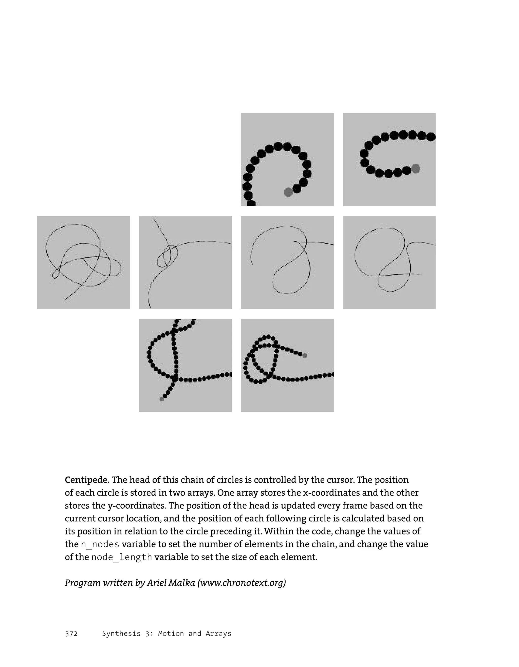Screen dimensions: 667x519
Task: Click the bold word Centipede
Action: point(87,480)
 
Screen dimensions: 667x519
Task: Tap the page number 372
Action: point(71,634)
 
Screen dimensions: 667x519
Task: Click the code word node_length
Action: point(122,557)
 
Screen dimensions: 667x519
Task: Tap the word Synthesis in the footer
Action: point(121,634)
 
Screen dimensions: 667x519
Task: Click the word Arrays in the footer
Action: point(218,634)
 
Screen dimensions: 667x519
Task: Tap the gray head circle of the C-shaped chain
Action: point(415,168)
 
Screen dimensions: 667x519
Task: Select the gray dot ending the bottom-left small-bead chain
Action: point(162,399)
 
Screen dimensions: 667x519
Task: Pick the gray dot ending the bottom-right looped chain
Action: point(304,355)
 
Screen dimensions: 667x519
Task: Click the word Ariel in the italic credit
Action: point(157,583)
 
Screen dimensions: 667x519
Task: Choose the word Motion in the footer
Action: point(171,634)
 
